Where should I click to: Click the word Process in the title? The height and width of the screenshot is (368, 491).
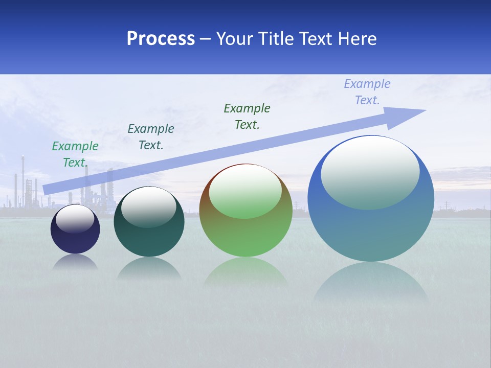(x=161, y=39)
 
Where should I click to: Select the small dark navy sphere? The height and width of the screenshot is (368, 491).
(x=75, y=235)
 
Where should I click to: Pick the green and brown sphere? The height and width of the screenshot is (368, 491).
(x=245, y=230)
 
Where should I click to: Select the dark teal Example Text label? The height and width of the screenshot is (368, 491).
(x=151, y=137)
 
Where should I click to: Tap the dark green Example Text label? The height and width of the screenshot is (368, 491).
(x=247, y=117)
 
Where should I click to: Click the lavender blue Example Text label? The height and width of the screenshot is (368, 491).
(x=367, y=92)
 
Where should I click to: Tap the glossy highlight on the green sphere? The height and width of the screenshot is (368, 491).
(x=245, y=192)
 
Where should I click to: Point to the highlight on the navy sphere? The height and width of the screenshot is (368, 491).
(x=75, y=219)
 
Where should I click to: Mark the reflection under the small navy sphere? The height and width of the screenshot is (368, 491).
(x=75, y=262)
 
